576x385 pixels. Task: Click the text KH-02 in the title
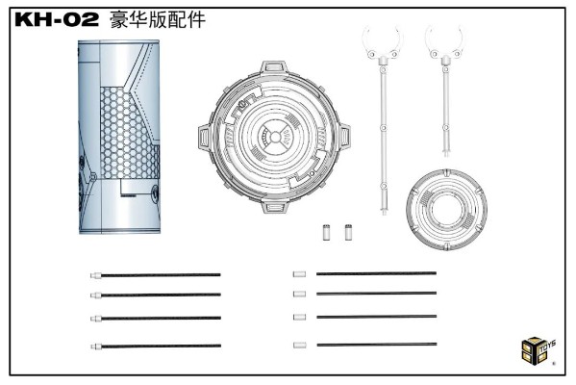tap(62, 19)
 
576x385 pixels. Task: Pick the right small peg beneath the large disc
tap(348, 232)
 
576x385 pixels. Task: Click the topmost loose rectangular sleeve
tap(299, 274)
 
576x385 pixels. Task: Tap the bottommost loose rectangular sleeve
tap(299, 345)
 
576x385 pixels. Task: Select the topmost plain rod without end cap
tap(376, 274)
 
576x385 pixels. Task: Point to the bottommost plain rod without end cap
tap(376, 345)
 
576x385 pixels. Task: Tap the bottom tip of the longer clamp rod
tap(386, 210)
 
